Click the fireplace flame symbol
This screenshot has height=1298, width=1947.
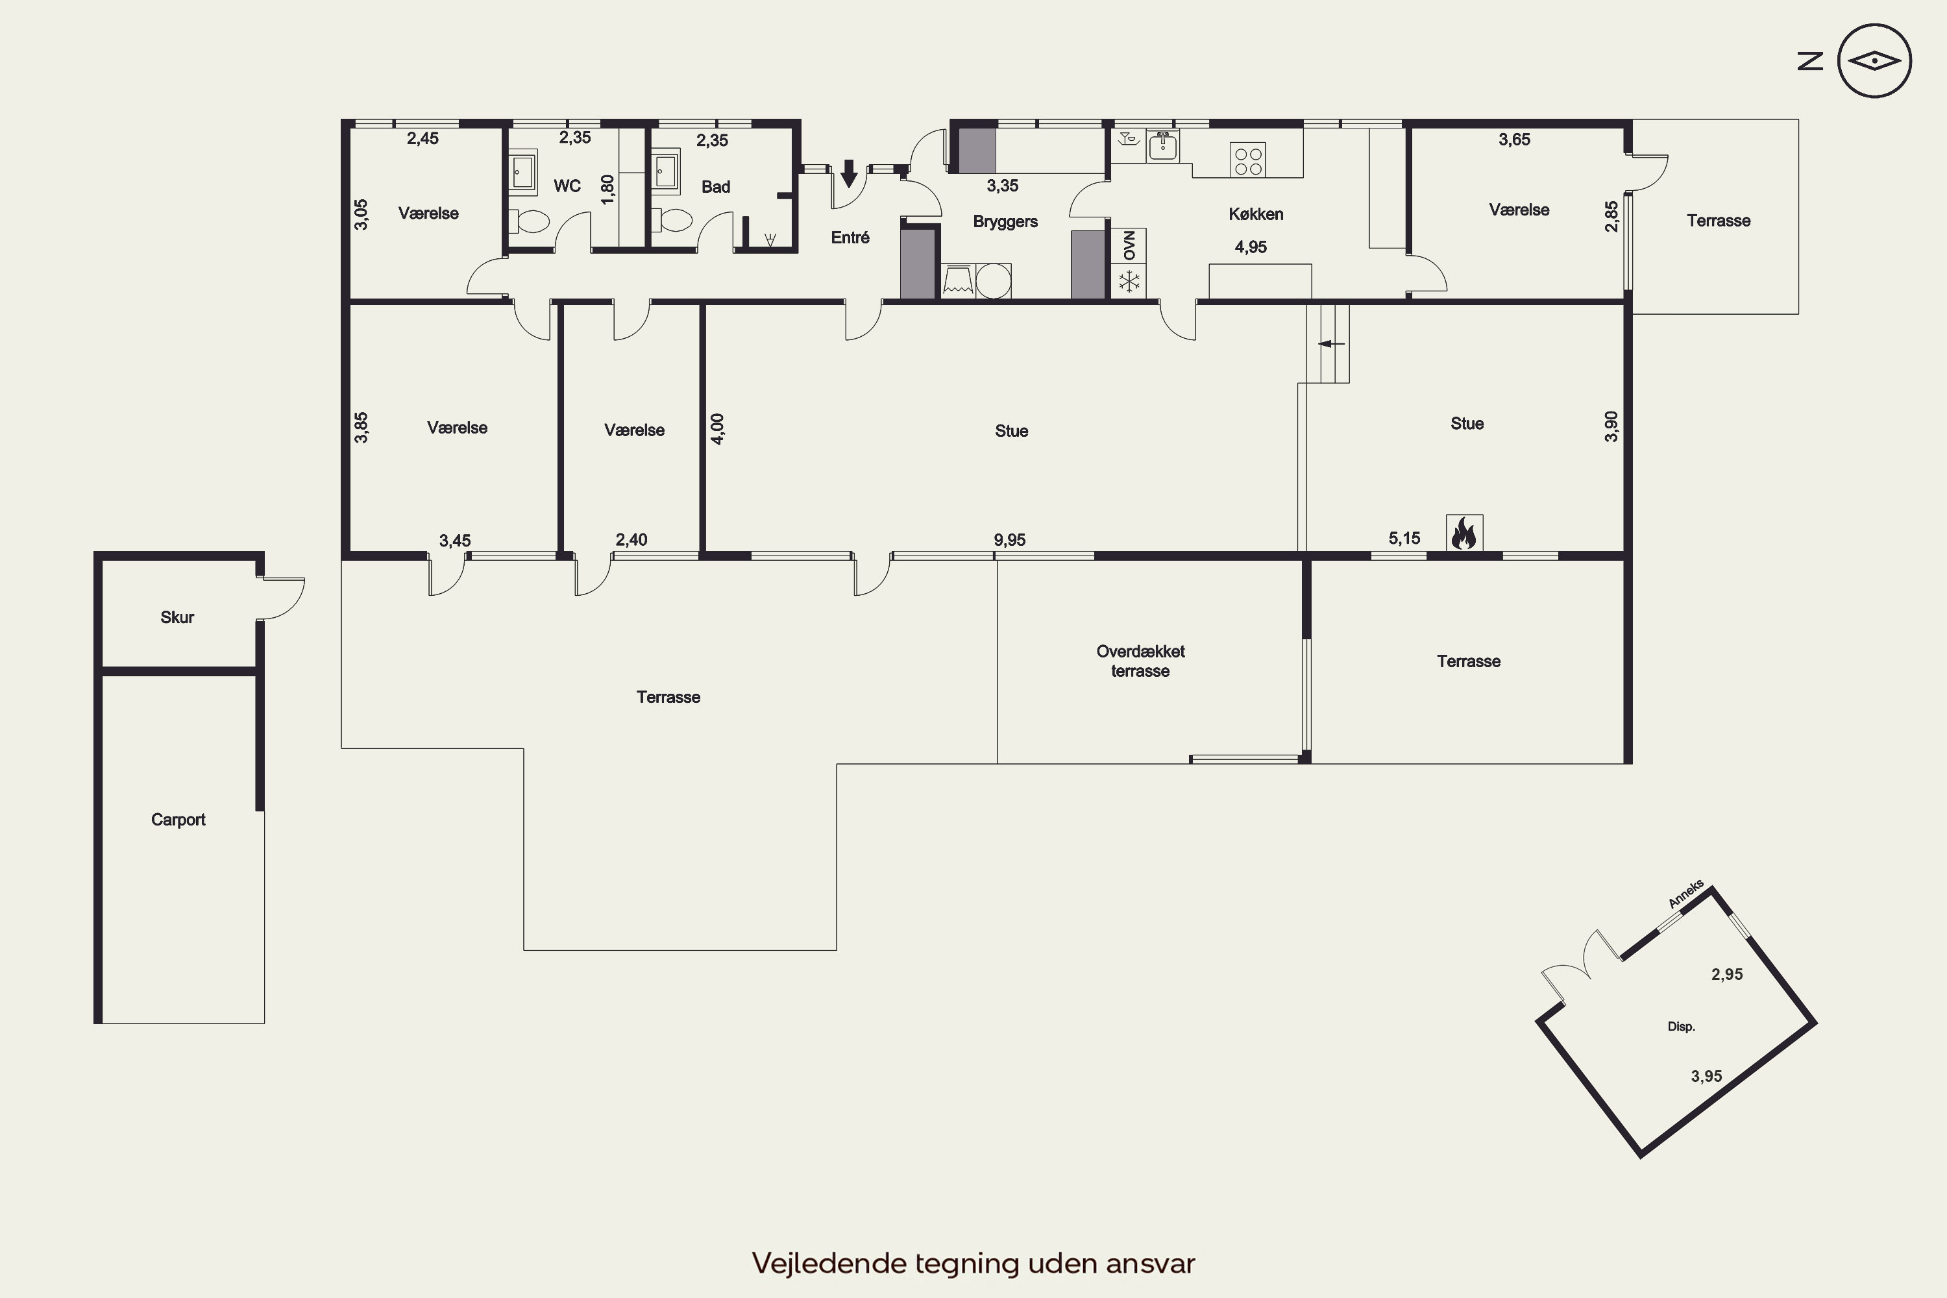(1463, 533)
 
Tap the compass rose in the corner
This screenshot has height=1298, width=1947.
(1874, 61)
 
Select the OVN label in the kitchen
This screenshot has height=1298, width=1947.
(1129, 246)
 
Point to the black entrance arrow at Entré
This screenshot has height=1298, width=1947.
(848, 174)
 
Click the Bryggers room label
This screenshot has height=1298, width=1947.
(1005, 222)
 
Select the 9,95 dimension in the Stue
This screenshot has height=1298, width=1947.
(1009, 540)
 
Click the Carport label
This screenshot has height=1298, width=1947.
(178, 820)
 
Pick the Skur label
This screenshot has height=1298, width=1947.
(177, 617)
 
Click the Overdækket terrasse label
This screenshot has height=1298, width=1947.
(1140, 661)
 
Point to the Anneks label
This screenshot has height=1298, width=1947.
(1685, 894)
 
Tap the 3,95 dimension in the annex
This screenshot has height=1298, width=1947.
(1706, 1076)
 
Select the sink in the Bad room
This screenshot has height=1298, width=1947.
(666, 172)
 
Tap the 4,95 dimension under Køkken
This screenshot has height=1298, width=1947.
(1250, 247)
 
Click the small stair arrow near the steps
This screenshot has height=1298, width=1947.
(1331, 343)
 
